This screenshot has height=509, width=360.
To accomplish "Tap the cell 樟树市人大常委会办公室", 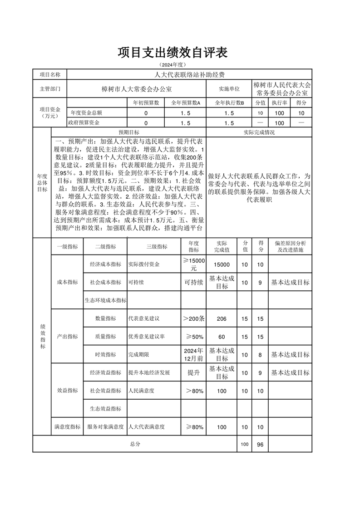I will coord(136,89).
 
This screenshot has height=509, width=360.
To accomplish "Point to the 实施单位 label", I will coord(229,89).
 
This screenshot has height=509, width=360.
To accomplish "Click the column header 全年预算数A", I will coord(186,103).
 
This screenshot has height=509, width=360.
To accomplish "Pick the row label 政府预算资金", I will coord(84,123).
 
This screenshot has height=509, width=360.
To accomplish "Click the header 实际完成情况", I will coord(259,132).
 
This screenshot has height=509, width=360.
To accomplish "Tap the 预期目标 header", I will coord(129,132).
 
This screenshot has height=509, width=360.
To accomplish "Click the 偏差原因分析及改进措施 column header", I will coord(291,246).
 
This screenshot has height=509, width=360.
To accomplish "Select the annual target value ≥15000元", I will coord(194,264).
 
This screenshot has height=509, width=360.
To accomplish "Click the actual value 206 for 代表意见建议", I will coord(222,318).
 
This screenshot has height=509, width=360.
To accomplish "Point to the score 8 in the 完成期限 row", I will coord(260,355).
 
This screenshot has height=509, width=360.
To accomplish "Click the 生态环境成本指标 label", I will coord(105,300).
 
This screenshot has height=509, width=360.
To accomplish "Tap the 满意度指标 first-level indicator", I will coord(67,427).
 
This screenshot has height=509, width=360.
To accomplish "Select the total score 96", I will coord(260,445).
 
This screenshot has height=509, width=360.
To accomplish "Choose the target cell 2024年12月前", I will coord(194,355).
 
